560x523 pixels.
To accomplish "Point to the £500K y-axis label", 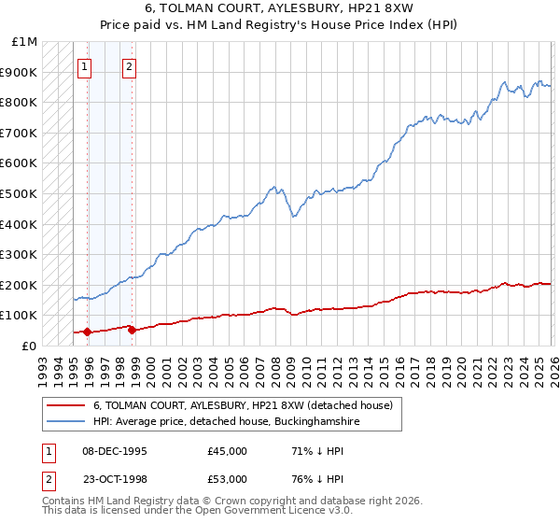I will (19, 193).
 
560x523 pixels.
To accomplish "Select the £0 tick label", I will (30, 346).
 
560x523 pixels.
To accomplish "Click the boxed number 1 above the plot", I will (85, 66).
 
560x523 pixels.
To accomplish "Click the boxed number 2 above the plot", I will (129, 66).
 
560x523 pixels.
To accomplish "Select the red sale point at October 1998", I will (132, 330).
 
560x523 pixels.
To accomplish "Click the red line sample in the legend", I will (65, 405).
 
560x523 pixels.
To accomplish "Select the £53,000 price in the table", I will (228, 478).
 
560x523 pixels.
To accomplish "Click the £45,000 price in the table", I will (228, 451).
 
